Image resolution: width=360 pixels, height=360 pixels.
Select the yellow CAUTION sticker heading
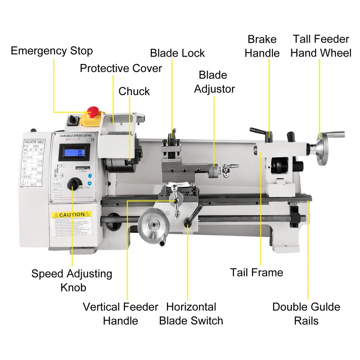71,214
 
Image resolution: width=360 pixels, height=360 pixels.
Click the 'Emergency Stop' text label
51,51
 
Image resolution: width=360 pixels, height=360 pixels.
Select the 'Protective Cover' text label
121,68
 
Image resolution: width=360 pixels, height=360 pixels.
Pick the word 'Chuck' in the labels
134,91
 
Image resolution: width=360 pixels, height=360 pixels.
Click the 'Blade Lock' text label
177,53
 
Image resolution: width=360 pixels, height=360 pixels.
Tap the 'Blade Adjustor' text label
214,82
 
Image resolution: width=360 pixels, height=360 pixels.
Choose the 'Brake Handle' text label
262,46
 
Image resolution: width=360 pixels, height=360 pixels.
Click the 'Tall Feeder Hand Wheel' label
321,46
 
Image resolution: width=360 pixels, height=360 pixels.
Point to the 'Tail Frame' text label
256,272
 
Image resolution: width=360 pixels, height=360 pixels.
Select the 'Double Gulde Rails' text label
306,313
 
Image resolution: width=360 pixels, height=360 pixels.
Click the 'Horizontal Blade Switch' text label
191,313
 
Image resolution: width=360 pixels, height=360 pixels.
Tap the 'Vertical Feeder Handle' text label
120,313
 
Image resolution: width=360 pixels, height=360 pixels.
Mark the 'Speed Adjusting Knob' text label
72,280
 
